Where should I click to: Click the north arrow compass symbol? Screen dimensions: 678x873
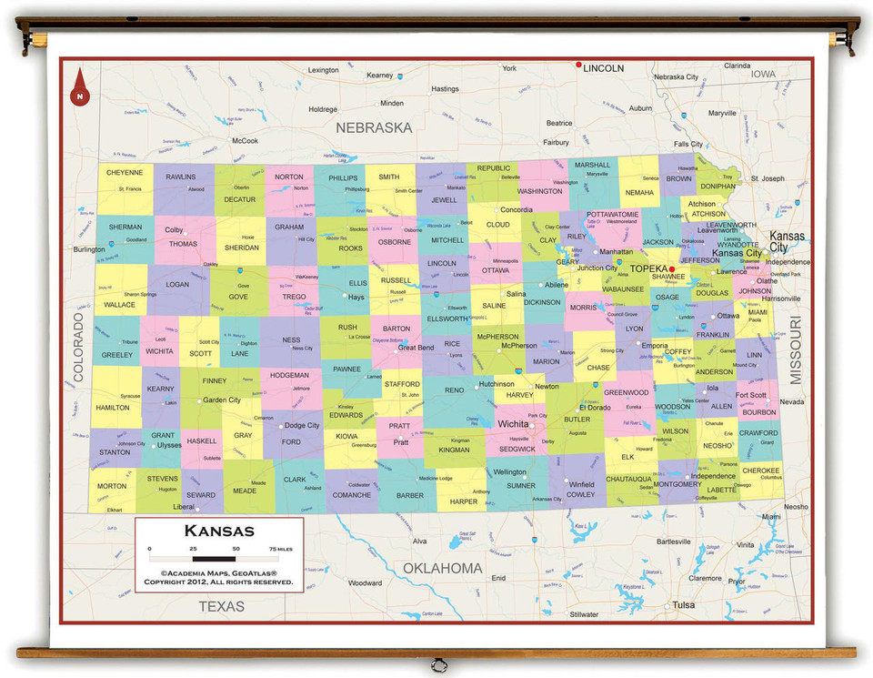pyautogui.click(x=80, y=85)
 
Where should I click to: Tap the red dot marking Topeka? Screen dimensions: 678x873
pyautogui.click(x=672, y=269)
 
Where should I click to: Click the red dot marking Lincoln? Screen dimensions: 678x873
pyautogui.click(x=577, y=65)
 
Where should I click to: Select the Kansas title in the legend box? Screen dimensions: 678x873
pyautogui.click(x=219, y=531)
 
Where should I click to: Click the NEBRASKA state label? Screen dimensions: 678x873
pyautogui.click(x=374, y=128)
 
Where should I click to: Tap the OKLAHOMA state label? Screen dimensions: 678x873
pyautogui.click(x=442, y=569)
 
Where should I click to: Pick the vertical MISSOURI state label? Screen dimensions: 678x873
pyautogui.click(x=795, y=350)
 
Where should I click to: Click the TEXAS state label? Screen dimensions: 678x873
pyautogui.click(x=222, y=606)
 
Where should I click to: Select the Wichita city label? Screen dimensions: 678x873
pyautogui.click(x=514, y=424)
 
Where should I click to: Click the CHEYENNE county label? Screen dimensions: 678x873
pyautogui.click(x=125, y=172)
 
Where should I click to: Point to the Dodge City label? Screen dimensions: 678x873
pyautogui.click(x=302, y=425)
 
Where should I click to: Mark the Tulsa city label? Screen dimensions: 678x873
pyautogui.click(x=684, y=605)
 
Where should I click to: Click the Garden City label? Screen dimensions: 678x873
pyautogui.click(x=222, y=400)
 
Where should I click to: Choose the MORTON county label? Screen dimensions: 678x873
pyautogui.click(x=112, y=486)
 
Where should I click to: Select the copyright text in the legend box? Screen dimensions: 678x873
pyautogui.click(x=218, y=577)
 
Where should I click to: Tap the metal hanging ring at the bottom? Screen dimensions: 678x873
pyautogui.click(x=439, y=663)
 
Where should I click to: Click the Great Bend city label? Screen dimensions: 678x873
pyautogui.click(x=416, y=348)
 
